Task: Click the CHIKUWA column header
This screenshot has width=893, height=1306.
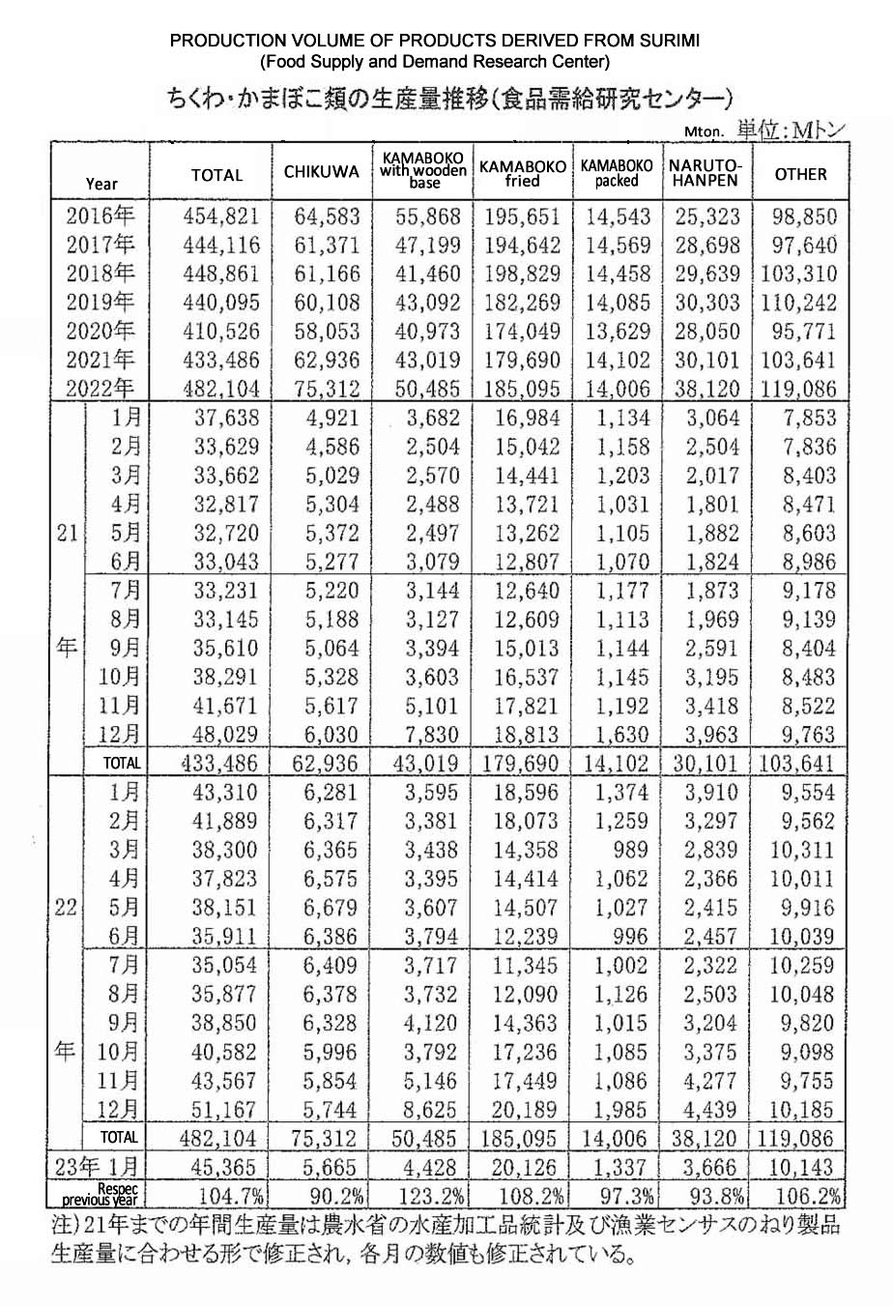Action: [321, 173]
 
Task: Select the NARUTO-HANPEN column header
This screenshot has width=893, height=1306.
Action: [704, 173]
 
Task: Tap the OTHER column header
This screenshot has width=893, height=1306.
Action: [800, 174]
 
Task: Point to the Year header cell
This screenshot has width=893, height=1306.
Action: [101, 183]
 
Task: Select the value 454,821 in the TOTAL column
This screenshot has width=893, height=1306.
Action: [220, 217]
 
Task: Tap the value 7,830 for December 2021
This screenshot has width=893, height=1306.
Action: [423, 734]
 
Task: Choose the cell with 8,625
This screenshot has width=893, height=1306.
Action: [423, 1109]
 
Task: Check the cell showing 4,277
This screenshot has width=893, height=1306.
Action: [706, 1080]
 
